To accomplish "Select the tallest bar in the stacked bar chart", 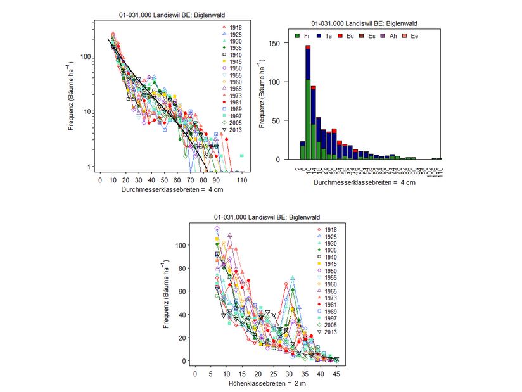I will tap(308, 101).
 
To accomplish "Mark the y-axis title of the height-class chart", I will tap(166, 294).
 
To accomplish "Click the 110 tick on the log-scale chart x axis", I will tap(242, 180).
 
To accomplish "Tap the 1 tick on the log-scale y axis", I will tap(93, 167).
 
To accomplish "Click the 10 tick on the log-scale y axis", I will tap(91, 111).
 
